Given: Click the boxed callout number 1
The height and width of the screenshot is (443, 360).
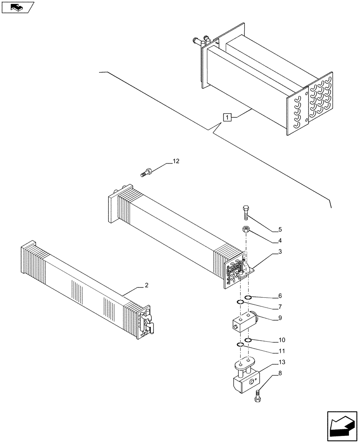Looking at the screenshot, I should tap(227, 117).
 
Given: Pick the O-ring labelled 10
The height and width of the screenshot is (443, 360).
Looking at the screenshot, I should tap(248, 340).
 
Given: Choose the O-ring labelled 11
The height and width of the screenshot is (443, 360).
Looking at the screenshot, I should tap(240, 346).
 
